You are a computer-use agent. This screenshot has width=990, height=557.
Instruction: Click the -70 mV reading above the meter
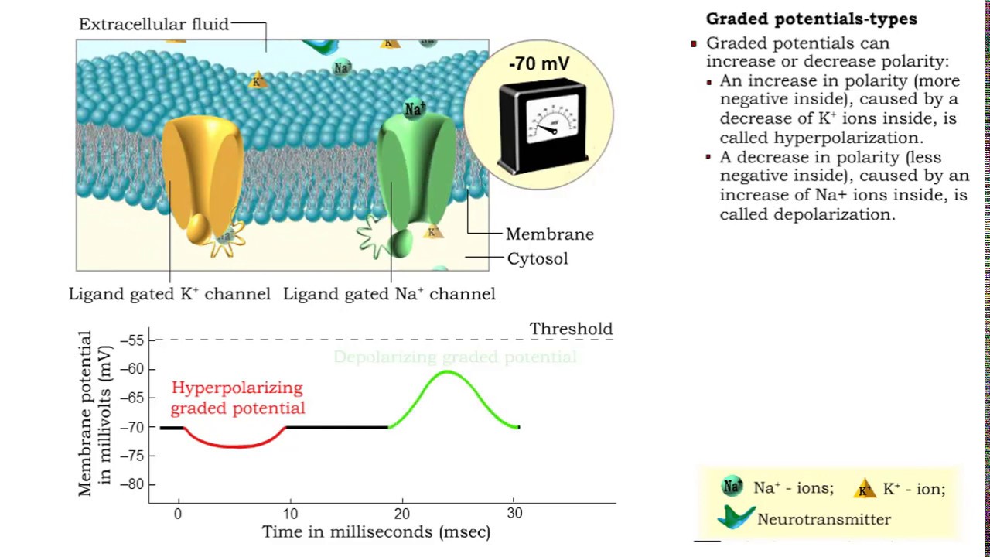coord(539,64)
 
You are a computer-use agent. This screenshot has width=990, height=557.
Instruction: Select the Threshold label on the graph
coord(571,329)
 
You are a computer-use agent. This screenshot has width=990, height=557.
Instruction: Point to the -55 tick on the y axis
coord(135,340)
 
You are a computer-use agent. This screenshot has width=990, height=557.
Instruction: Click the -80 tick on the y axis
coord(135,485)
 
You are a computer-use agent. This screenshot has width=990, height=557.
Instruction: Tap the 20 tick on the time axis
coord(401,514)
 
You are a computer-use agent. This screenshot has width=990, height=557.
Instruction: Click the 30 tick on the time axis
coord(514,514)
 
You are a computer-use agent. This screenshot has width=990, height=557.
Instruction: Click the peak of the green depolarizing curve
coord(447,372)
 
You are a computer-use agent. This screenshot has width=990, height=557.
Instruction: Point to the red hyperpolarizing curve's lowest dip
coord(236,446)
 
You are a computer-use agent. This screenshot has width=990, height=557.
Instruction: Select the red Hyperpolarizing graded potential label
coord(237,398)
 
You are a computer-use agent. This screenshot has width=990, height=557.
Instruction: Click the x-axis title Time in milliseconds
coord(376,532)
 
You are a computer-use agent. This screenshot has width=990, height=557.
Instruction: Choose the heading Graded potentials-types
coord(811,19)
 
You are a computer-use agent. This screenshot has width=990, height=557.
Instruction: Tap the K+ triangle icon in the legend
coord(865,488)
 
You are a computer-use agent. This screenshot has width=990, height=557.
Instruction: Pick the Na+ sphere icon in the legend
coord(732,487)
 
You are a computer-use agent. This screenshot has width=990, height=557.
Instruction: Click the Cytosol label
coord(538,258)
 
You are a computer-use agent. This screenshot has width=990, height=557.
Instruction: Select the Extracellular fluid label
coord(154,24)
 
